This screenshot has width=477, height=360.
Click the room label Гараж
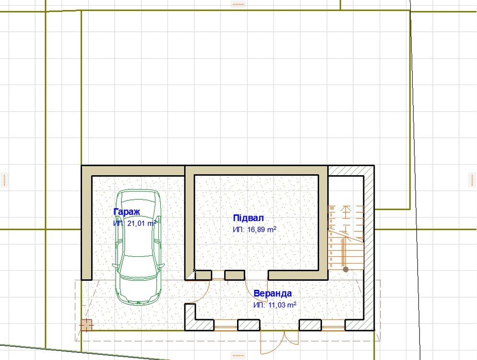[x=127, y=212]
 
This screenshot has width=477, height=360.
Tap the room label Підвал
[x=248, y=218]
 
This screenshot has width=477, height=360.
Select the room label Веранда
[x=273, y=294]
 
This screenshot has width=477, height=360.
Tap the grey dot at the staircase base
[x=346, y=269]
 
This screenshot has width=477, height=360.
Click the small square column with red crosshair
[x=86, y=325]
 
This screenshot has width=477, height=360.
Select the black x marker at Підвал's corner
[x=194, y=270]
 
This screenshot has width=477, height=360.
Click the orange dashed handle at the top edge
[x=238, y=4]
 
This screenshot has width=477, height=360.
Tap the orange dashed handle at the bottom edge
[x=238, y=355]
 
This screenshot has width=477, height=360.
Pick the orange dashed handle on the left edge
[x=4, y=180]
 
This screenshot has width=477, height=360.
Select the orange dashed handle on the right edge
[x=472, y=180]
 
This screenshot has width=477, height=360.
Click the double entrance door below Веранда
[x=279, y=341]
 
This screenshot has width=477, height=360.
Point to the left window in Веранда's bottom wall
[x=226, y=324]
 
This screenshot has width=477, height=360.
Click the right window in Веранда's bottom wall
[x=333, y=324]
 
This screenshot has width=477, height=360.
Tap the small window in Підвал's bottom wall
[x=218, y=275]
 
